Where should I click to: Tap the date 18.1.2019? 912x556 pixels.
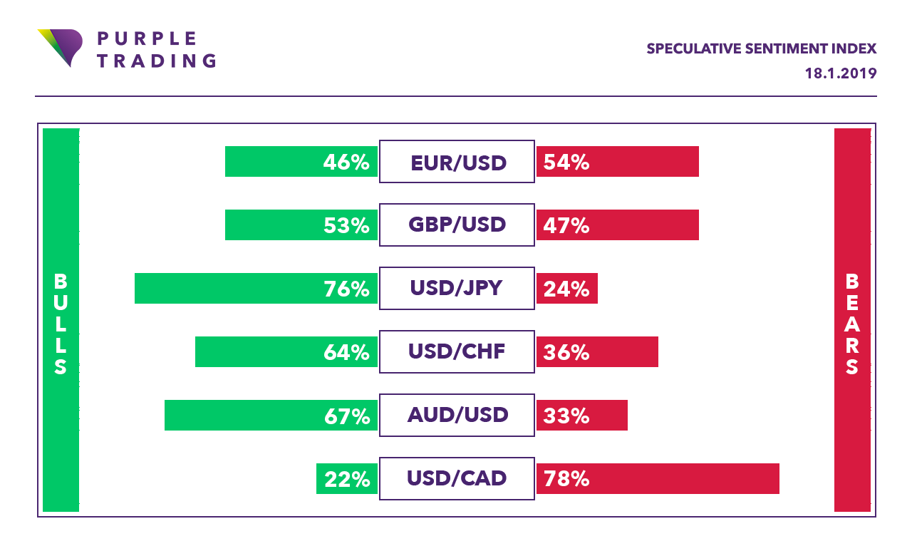[841, 73]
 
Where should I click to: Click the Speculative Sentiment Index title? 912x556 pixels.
[762, 49]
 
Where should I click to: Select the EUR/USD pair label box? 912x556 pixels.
[457, 162]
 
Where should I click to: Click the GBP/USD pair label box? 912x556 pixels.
[457, 225]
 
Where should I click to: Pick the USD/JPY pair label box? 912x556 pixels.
[457, 289]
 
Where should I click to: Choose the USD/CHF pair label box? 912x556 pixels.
[457, 352]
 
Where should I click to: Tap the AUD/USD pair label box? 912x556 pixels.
[457, 415]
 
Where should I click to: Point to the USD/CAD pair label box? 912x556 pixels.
[457, 478]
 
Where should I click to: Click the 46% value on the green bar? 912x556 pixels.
[346, 162]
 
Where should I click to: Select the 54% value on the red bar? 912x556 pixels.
[566, 162]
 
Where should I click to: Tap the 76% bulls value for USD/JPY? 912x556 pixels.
[346, 289]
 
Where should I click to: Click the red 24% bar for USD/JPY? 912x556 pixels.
[567, 289]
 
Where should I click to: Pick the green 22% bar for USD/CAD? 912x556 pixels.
[347, 478]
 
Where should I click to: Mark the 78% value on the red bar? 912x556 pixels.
[566, 479]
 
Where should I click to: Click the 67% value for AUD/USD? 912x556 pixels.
[347, 416]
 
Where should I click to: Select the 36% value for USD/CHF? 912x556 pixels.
[566, 352]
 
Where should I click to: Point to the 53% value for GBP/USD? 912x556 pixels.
[346, 226]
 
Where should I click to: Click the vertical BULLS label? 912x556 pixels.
[61, 324]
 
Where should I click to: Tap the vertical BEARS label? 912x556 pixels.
[852, 324]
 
